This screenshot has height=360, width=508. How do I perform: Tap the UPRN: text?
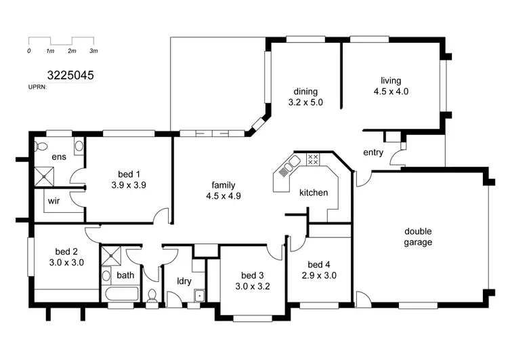pos(37,87)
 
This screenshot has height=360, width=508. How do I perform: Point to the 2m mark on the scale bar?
pos(72,51)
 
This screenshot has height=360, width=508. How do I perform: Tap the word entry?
pos(373,153)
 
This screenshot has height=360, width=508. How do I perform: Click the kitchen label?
pos(314,193)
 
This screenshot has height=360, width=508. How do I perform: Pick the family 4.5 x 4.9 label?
pos(224,191)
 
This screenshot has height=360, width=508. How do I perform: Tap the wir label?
pos(54,201)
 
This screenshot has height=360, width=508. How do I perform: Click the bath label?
pos(125,275)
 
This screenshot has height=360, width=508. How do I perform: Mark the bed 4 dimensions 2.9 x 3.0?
pos(319,275)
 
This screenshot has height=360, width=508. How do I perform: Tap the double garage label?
pos(418,237)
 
